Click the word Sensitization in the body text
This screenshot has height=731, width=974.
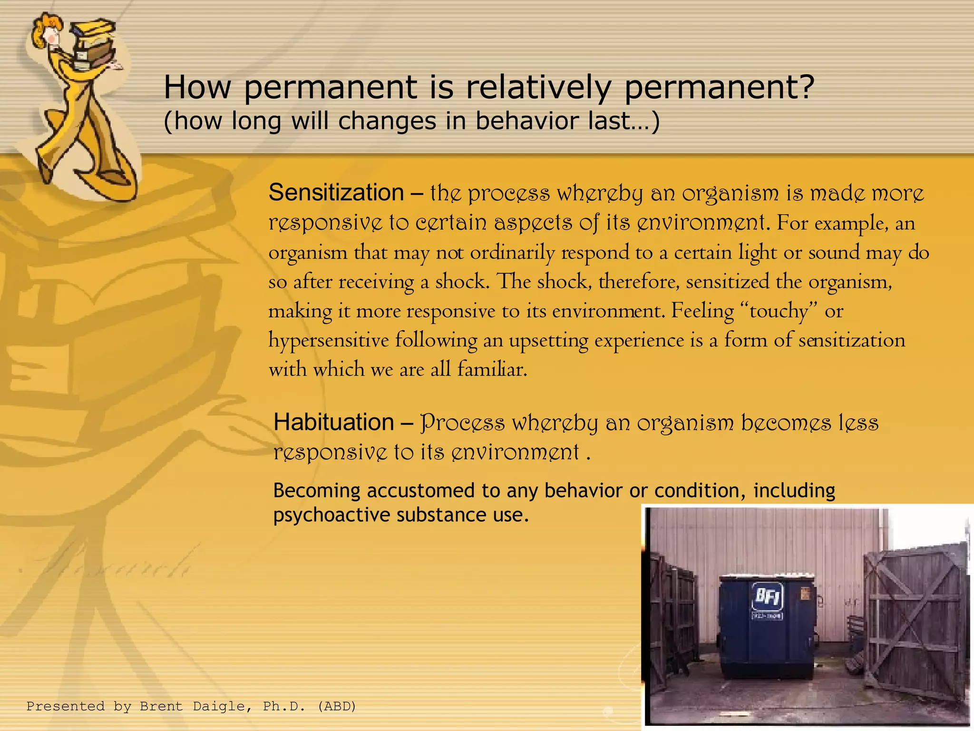[336, 193]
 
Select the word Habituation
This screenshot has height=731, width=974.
[333, 422]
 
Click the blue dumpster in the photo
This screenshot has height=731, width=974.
[767, 628]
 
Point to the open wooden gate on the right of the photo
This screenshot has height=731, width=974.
[916, 623]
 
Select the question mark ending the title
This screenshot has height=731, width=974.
[805, 88]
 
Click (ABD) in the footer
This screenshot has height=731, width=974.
[337, 706]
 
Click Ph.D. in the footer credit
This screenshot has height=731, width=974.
[284, 706]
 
